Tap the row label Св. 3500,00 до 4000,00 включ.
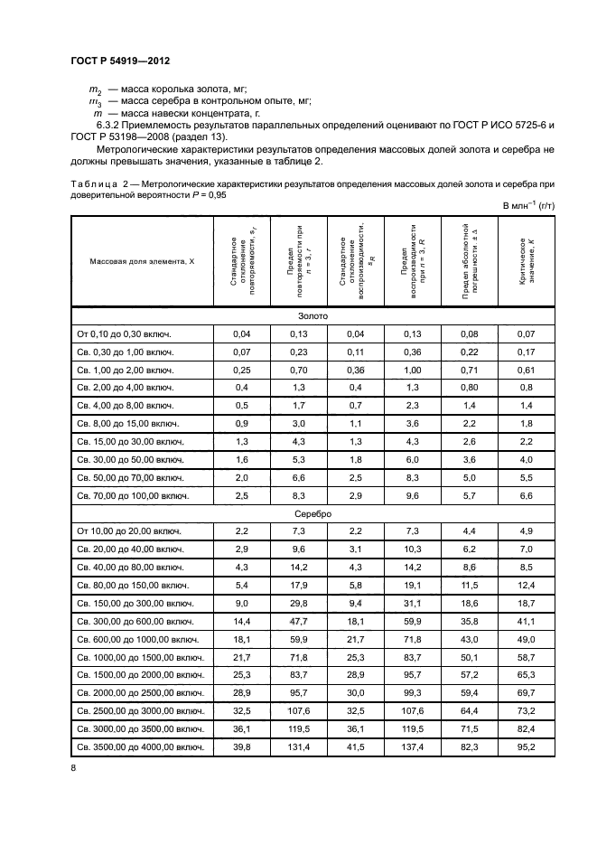point(140,746)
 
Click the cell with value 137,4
point(412,746)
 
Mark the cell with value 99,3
point(412,692)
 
